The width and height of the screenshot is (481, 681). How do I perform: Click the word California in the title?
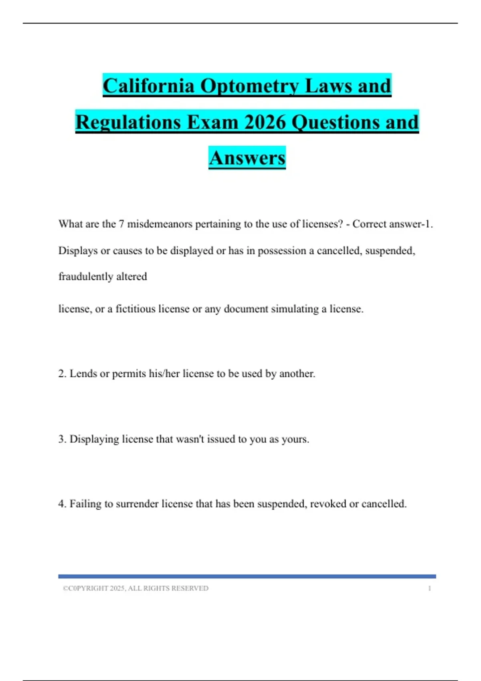[148, 86]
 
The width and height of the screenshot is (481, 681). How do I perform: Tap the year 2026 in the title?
[265, 122]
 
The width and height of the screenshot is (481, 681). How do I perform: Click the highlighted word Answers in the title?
[247, 158]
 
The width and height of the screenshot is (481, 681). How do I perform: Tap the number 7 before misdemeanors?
[121, 224]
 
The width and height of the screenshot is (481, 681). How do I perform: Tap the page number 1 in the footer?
[429, 588]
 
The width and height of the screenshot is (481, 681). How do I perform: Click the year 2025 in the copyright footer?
[117, 588]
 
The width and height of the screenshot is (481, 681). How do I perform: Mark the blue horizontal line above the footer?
[247, 576]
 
